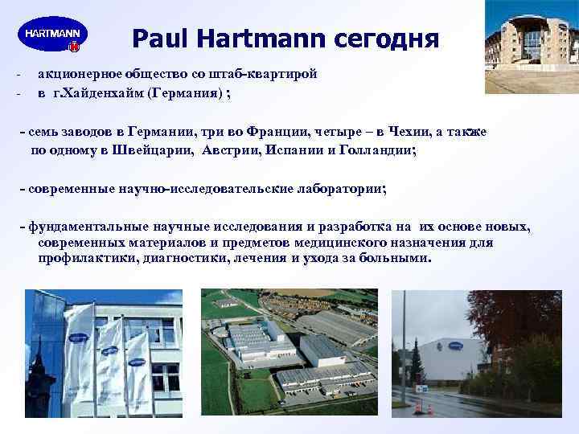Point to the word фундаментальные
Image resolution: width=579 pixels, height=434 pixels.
(88, 227)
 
